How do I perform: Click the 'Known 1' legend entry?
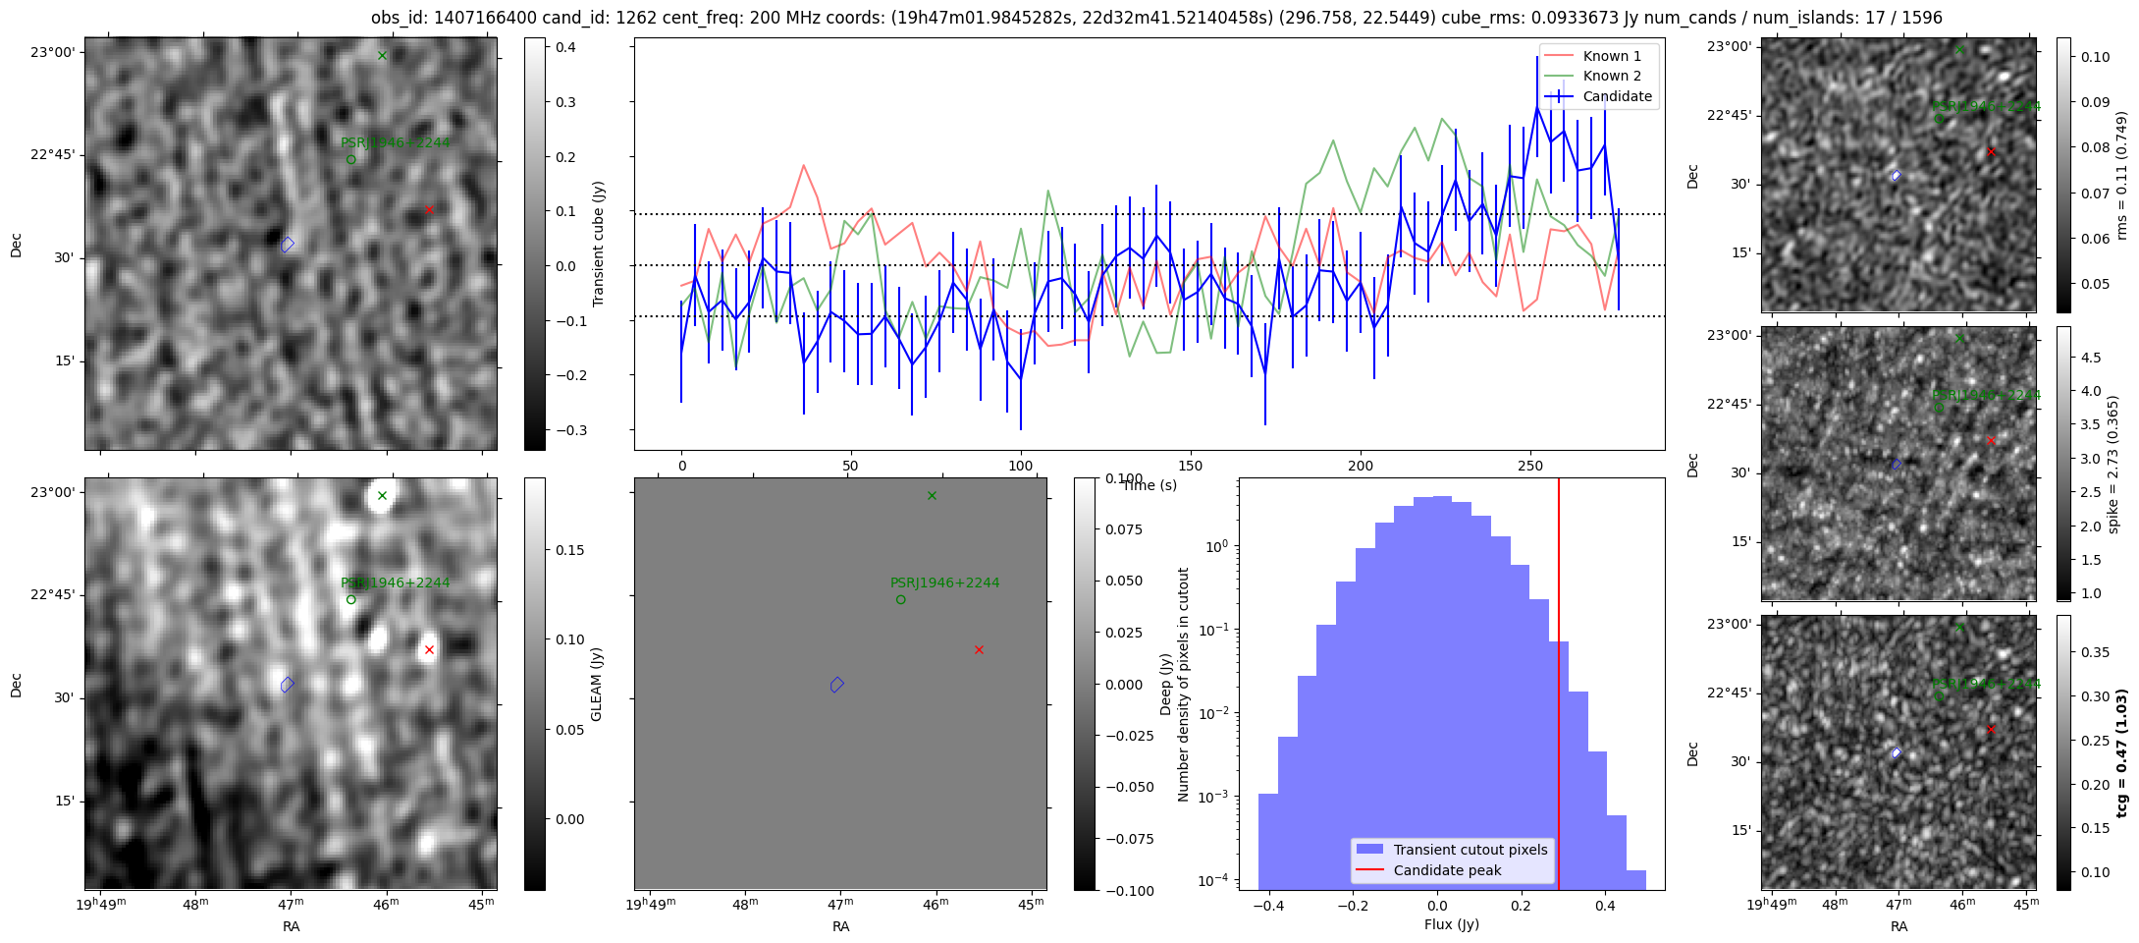(x=1611, y=56)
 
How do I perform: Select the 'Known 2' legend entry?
(x=1611, y=76)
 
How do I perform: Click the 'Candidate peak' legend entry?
(x=1447, y=870)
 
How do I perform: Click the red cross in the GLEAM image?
(x=429, y=649)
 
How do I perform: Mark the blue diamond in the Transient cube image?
(x=287, y=245)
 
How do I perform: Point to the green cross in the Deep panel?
(x=932, y=495)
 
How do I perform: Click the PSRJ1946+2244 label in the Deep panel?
(x=944, y=582)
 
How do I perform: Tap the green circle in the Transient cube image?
(x=350, y=159)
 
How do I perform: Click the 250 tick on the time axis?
(x=1529, y=466)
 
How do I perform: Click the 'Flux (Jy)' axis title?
(x=1451, y=924)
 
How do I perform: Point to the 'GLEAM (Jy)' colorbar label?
(x=597, y=684)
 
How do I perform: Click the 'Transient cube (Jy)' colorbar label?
(x=598, y=244)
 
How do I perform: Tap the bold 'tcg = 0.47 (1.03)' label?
(x=2120, y=752)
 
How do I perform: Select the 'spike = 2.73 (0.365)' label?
(x=2112, y=464)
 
